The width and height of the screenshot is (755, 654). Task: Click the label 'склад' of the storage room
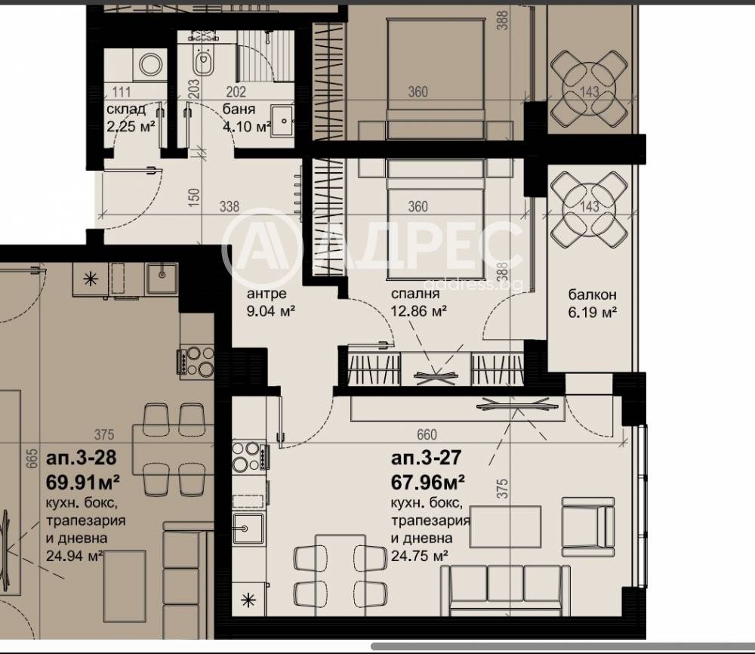(126, 110)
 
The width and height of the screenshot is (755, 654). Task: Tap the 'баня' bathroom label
(239, 109)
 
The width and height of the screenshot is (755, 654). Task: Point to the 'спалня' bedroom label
(415, 293)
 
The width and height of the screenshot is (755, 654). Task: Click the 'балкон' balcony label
(592, 295)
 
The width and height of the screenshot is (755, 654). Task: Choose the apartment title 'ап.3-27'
(427, 458)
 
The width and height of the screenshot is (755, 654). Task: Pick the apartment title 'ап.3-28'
(81, 457)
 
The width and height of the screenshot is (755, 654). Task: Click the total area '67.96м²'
(428, 481)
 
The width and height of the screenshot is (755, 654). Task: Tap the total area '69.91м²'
(83, 480)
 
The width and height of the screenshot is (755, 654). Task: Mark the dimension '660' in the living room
(427, 435)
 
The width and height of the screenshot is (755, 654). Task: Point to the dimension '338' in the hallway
(230, 207)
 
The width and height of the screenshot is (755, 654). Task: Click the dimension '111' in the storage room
(122, 91)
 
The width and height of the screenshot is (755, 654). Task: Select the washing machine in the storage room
(151, 65)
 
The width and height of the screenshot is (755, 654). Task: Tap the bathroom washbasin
(282, 120)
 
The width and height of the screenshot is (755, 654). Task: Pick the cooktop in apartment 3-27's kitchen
(249, 456)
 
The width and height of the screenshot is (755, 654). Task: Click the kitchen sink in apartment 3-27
(248, 529)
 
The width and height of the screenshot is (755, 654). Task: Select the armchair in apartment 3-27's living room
(588, 527)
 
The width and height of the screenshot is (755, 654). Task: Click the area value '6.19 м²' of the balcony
(592, 313)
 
